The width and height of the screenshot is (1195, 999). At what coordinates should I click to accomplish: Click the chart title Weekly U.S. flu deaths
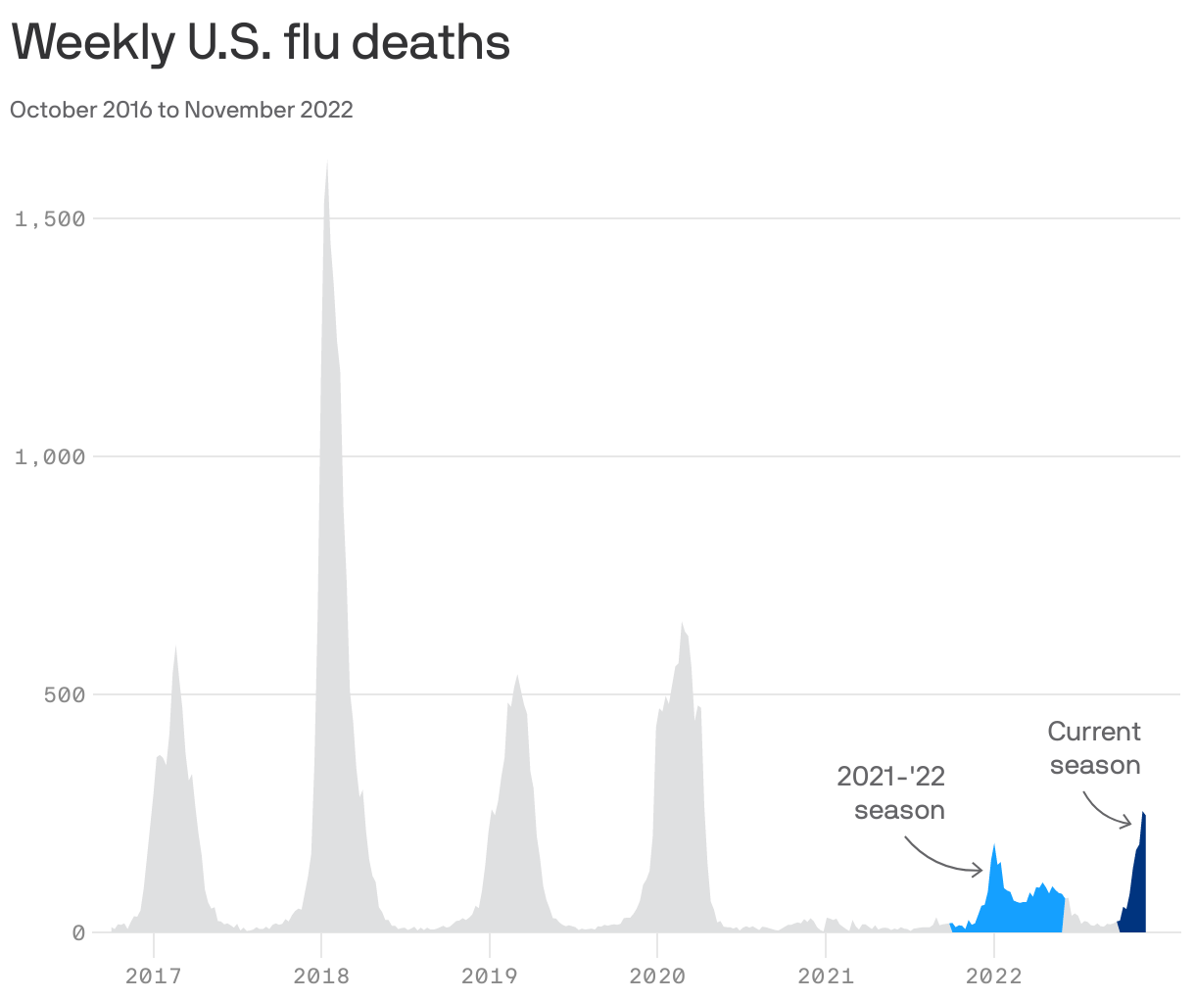point(261,43)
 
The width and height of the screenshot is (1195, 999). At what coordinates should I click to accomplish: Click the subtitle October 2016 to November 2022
point(181,110)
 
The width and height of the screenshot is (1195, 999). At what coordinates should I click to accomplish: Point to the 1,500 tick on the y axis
point(50,218)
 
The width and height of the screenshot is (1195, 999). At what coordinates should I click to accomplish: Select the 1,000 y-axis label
point(50,456)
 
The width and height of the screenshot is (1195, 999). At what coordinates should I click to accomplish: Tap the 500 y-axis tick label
point(65,695)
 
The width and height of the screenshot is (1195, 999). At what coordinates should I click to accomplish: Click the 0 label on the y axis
point(78,933)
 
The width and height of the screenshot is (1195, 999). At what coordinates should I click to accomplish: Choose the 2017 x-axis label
point(153,975)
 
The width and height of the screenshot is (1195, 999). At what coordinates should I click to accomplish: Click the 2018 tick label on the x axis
point(321,975)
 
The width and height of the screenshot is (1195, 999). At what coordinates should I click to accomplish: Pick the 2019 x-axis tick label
point(489,975)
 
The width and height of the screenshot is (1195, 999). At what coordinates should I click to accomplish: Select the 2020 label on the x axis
point(657,975)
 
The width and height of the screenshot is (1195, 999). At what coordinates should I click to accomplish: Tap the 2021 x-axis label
point(826,975)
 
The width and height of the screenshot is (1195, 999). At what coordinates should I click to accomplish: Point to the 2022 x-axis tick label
point(993,975)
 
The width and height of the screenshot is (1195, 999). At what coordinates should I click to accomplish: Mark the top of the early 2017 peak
point(175,646)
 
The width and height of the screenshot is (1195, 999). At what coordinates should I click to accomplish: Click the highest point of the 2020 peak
point(682,623)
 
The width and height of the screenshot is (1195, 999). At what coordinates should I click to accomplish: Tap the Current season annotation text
point(1094,748)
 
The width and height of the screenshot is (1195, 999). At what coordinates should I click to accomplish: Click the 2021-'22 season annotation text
point(891,793)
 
